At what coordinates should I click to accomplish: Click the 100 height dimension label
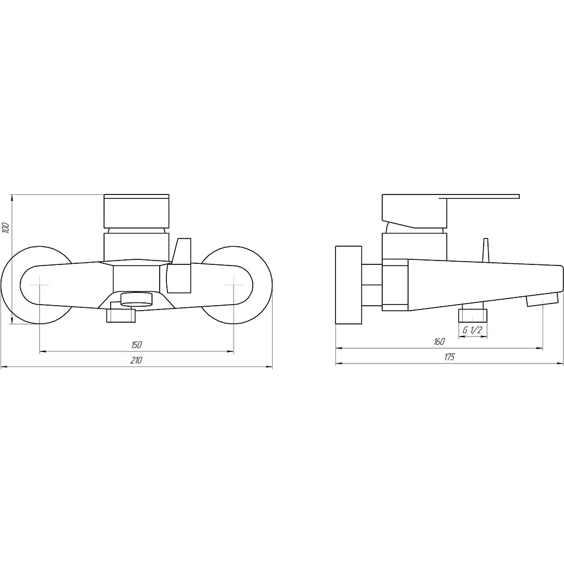[6, 228]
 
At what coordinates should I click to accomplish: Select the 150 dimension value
[137, 345]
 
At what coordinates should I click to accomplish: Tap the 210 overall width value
[137, 360]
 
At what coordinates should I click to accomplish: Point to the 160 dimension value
[439, 341]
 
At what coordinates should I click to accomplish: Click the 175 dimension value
[449, 357]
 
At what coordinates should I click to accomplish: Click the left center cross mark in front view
[40, 285]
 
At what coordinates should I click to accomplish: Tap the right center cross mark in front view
[234, 285]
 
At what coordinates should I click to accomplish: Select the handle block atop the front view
[137, 211]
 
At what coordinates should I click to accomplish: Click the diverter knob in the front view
[179, 265]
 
